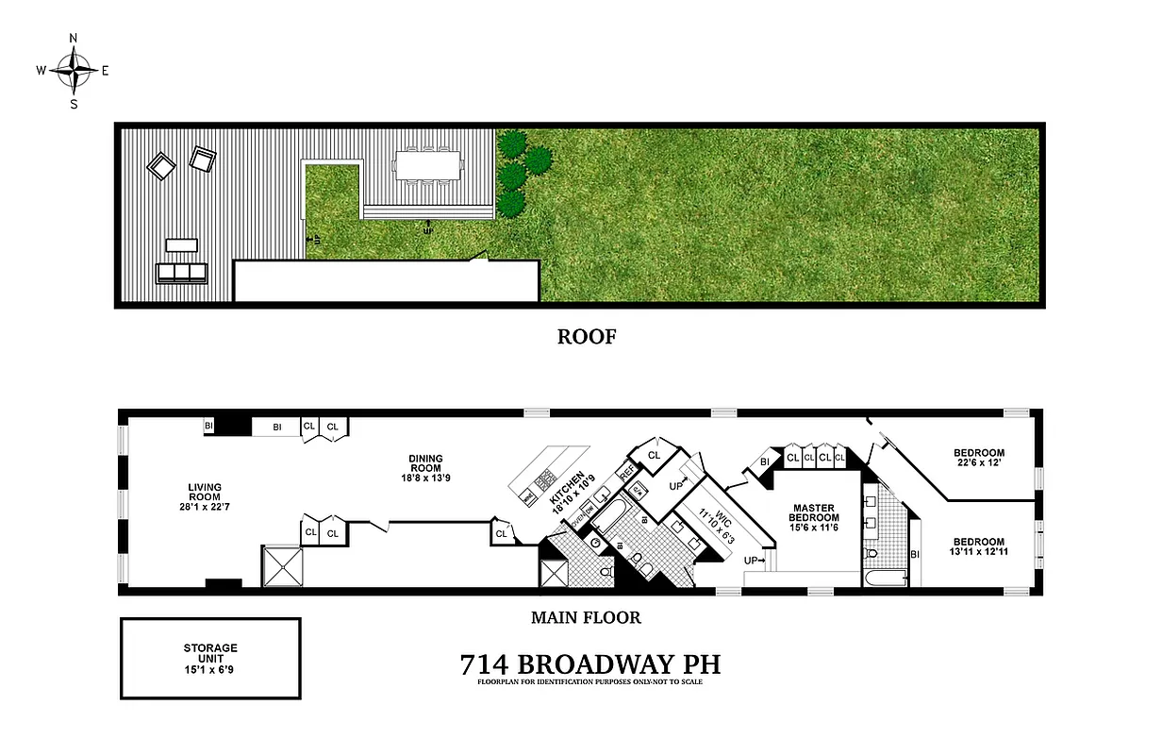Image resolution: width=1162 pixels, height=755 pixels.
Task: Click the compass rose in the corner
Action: pos(74,70)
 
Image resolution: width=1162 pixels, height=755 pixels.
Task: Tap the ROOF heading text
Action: pos(586,336)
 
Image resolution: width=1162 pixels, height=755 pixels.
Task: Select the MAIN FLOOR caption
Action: pos(587,618)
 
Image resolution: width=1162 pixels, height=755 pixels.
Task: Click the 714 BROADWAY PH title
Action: pos(589,664)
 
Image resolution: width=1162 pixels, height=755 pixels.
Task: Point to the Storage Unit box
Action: pos(210,658)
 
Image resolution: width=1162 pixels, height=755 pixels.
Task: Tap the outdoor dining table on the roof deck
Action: pos(427,166)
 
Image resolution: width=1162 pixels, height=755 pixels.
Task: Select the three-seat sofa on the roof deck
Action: pos(180,274)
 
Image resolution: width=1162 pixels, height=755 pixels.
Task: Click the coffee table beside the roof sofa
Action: pos(181,245)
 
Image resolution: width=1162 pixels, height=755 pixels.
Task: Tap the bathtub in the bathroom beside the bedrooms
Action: pos(884,578)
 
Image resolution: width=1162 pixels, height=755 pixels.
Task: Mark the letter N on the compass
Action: pos(74,39)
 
